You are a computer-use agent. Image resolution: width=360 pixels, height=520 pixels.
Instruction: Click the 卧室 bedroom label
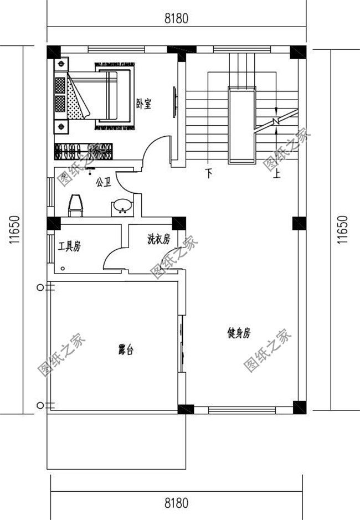click(143, 104)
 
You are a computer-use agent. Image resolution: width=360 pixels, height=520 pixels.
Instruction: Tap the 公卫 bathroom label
click(103, 182)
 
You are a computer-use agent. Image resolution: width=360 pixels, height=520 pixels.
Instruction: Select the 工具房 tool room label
click(69, 246)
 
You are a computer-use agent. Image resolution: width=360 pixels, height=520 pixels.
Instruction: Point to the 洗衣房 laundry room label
click(159, 239)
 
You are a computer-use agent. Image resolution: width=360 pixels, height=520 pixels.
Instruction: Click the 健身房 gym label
click(239, 333)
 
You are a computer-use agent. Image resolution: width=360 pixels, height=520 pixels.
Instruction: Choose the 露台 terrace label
click(126, 349)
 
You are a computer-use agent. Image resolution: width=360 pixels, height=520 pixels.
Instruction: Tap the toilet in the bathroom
click(76, 205)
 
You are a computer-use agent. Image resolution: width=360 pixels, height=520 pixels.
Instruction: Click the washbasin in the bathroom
click(122, 207)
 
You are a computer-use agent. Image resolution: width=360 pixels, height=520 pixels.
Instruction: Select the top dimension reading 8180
click(176, 19)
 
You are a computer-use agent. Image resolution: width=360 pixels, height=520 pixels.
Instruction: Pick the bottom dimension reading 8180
click(176, 503)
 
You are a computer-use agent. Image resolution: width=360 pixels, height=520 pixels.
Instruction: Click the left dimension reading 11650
click(14, 230)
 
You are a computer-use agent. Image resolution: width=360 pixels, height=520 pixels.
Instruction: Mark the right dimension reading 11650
click(343, 230)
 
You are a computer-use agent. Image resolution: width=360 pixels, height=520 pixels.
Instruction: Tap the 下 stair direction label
click(209, 173)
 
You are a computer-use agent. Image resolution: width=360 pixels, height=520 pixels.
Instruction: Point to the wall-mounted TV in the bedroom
click(175, 102)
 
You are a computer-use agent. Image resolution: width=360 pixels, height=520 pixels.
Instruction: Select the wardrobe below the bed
click(84, 151)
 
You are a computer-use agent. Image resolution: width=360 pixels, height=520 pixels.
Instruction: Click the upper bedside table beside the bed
click(61, 64)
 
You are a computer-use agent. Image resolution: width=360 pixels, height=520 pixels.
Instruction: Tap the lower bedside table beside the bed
click(61, 126)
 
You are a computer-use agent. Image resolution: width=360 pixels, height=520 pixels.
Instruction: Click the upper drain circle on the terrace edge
click(40, 287)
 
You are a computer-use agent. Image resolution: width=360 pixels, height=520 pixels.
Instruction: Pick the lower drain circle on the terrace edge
click(40, 405)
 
